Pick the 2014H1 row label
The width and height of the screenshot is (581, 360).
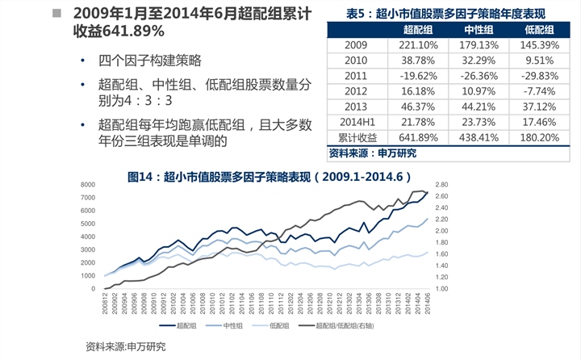356,122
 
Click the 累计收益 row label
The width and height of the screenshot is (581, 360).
356,137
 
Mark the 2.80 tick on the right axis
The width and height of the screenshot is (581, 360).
441,185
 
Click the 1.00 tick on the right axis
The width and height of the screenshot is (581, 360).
441,288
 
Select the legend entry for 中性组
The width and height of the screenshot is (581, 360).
228,325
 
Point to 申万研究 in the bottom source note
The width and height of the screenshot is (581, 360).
146,346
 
